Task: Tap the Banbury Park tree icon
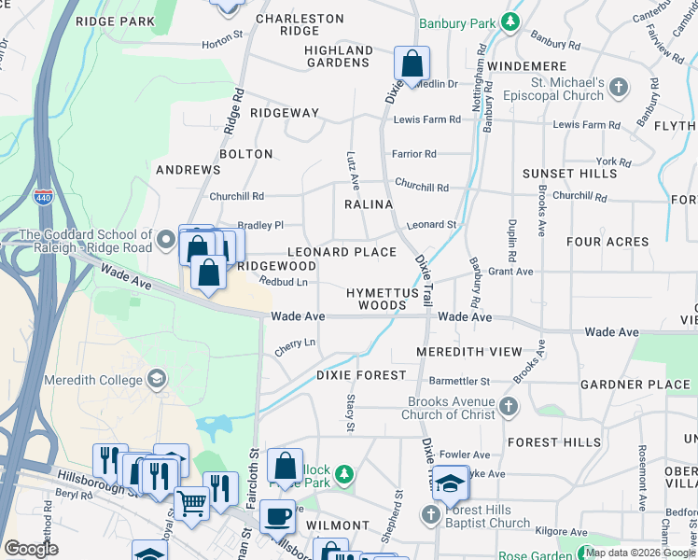(x=510, y=21)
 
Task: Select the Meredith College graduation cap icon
(x=157, y=379)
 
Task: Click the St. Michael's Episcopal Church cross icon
(x=619, y=89)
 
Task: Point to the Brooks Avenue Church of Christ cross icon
(x=509, y=406)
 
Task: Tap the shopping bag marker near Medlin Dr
(x=412, y=64)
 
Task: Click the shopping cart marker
(x=191, y=503)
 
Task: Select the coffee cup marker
(x=277, y=516)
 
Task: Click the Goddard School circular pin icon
(x=167, y=241)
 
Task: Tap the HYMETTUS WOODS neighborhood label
(x=377, y=299)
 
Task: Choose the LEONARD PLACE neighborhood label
(x=342, y=252)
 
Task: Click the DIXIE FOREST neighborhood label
(x=361, y=375)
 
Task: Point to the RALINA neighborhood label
(x=369, y=203)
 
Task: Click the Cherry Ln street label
(x=295, y=345)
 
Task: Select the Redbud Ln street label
(x=284, y=282)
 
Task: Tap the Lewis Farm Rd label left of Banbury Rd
(x=427, y=119)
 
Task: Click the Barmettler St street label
(x=459, y=381)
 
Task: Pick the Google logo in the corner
(x=31, y=549)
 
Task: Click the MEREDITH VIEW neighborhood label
(x=469, y=352)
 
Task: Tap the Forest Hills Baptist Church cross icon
(x=431, y=514)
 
